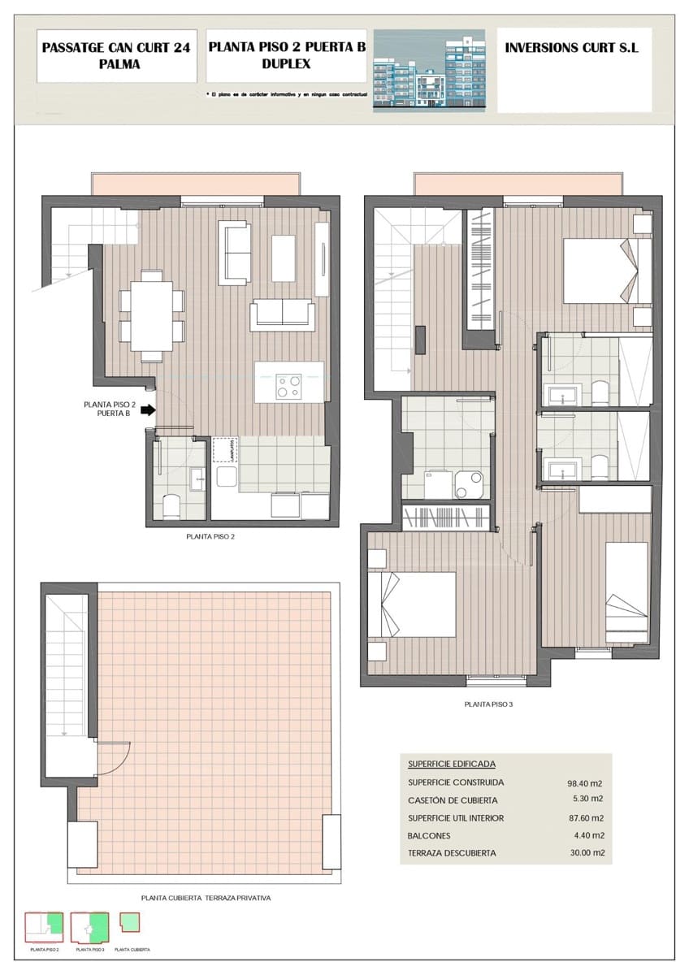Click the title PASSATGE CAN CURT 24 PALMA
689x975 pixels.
[x=116, y=55]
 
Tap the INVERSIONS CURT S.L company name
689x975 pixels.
[x=571, y=48]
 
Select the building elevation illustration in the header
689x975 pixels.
[x=428, y=71]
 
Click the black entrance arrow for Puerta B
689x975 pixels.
[x=148, y=410]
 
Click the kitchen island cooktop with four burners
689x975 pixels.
[x=288, y=386]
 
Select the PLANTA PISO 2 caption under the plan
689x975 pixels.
[x=210, y=537]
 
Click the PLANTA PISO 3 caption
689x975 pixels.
[x=488, y=704]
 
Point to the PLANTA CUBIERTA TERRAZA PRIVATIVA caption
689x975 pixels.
[x=206, y=899]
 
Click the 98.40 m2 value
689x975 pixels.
[x=584, y=783]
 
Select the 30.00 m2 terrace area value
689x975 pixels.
[x=584, y=853]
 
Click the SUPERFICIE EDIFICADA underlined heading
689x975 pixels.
[x=451, y=765]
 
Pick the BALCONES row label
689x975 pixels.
[x=429, y=836]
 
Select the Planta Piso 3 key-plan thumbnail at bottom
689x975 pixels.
[x=90, y=927]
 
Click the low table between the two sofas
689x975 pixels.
[x=283, y=258]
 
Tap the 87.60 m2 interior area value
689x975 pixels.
[x=584, y=818]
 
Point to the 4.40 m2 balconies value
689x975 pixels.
[x=587, y=836]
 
